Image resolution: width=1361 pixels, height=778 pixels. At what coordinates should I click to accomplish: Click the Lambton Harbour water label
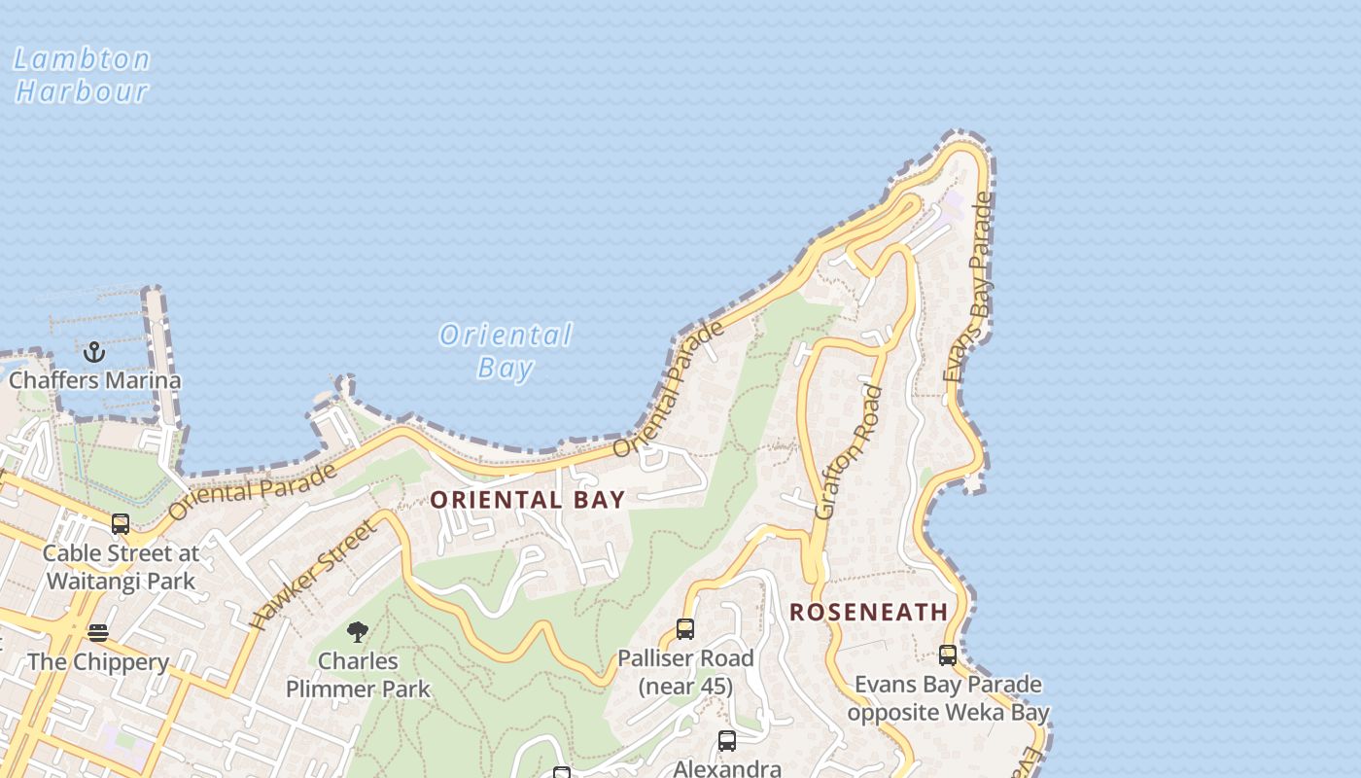point(82,75)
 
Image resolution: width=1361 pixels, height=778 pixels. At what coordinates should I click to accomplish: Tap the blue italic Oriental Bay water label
point(506,351)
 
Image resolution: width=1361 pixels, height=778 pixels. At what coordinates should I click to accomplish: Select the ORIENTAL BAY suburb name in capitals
point(527,500)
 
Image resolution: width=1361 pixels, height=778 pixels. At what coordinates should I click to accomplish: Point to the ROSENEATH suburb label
point(868,612)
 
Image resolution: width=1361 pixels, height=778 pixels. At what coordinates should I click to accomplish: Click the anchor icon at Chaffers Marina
point(94,351)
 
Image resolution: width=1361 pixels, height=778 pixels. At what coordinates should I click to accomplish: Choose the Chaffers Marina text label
point(94,380)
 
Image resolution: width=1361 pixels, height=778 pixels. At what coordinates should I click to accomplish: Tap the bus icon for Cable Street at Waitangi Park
point(121,524)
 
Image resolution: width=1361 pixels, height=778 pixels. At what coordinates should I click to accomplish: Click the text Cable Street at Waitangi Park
point(122,567)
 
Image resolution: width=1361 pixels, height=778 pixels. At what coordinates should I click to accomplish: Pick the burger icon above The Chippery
point(98,633)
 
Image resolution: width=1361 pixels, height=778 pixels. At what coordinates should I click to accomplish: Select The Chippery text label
point(98,662)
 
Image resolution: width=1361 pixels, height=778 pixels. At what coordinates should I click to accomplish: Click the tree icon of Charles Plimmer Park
point(358,632)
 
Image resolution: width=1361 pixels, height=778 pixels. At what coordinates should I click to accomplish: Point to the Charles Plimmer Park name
point(358,675)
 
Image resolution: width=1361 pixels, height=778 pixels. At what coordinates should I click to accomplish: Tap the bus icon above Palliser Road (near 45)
point(685,629)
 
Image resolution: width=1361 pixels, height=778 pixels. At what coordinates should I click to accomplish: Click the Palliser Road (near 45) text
point(685,672)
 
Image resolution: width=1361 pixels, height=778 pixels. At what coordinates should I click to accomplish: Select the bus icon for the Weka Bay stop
point(948,655)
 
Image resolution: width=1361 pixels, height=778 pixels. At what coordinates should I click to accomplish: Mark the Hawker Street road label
point(311,575)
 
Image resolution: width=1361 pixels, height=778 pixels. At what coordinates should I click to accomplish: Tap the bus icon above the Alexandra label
point(727,741)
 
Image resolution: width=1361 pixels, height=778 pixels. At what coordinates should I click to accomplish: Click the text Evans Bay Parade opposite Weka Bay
point(948,698)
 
